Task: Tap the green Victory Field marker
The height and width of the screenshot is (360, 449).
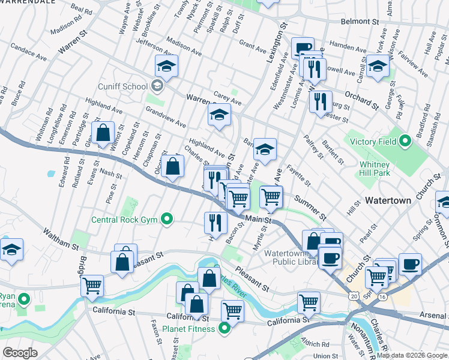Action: (x=406, y=142)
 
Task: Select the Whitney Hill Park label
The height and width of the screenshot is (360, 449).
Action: (x=376, y=169)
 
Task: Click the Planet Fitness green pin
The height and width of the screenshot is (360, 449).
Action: (x=224, y=328)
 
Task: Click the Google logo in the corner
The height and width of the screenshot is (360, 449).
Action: (x=20, y=353)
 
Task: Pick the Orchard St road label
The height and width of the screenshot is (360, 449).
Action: (x=361, y=101)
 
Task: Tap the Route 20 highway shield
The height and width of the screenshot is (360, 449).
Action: (x=355, y=296)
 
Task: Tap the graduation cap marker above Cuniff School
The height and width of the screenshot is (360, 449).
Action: (x=166, y=67)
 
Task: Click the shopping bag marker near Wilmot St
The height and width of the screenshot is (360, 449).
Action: (x=103, y=133)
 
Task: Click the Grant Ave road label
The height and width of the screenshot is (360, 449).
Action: (x=252, y=45)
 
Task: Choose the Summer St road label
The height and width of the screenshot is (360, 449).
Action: (x=310, y=208)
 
